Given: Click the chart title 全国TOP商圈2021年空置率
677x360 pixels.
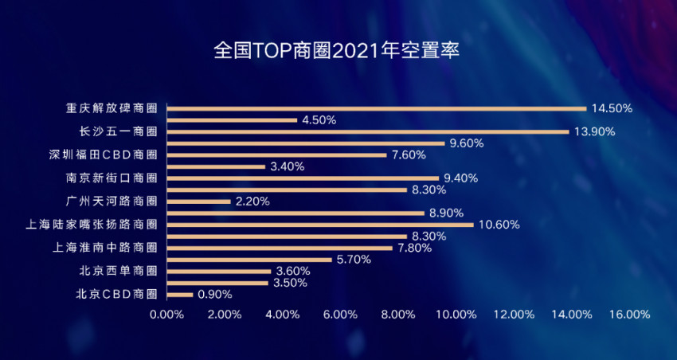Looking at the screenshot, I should (338, 50).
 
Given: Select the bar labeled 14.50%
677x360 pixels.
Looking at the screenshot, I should (376, 108).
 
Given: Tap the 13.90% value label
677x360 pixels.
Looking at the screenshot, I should (595, 131).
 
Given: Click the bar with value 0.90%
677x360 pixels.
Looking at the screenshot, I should (180, 295).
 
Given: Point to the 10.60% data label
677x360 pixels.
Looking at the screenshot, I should (499, 225).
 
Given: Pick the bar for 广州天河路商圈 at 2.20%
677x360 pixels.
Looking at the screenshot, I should (199, 202).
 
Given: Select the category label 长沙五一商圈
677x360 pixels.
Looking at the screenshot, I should (118, 131).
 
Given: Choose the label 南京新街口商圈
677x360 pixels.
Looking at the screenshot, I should (111, 178).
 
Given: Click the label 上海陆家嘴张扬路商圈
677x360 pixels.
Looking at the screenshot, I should (92, 225).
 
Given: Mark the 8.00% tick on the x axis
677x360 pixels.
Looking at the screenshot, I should (398, 315).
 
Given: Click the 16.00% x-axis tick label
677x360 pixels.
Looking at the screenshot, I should (629, 315).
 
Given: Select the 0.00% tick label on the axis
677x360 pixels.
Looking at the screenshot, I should (166, 315).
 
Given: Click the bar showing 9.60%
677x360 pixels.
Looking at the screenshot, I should (306, 143).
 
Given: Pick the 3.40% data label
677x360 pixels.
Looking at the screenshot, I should (287, 166).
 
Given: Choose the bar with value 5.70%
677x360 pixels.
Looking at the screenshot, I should (249, 260).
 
